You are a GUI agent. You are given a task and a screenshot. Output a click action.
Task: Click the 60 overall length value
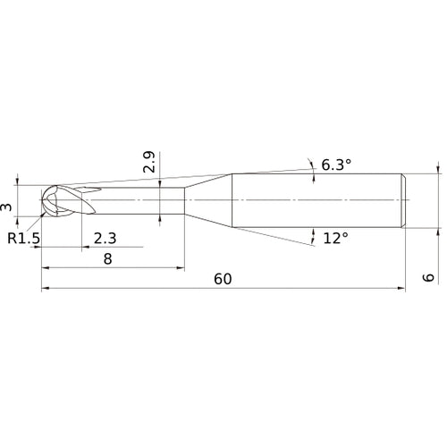[223, 278]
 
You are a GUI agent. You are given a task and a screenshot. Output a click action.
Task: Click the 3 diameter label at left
[8, 207]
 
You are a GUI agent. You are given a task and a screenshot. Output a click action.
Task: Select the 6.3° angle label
[335, 164]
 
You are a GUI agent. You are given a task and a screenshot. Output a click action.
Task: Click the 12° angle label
[335, 238]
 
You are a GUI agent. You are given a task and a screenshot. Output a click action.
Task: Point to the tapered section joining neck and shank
[207, 199]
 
